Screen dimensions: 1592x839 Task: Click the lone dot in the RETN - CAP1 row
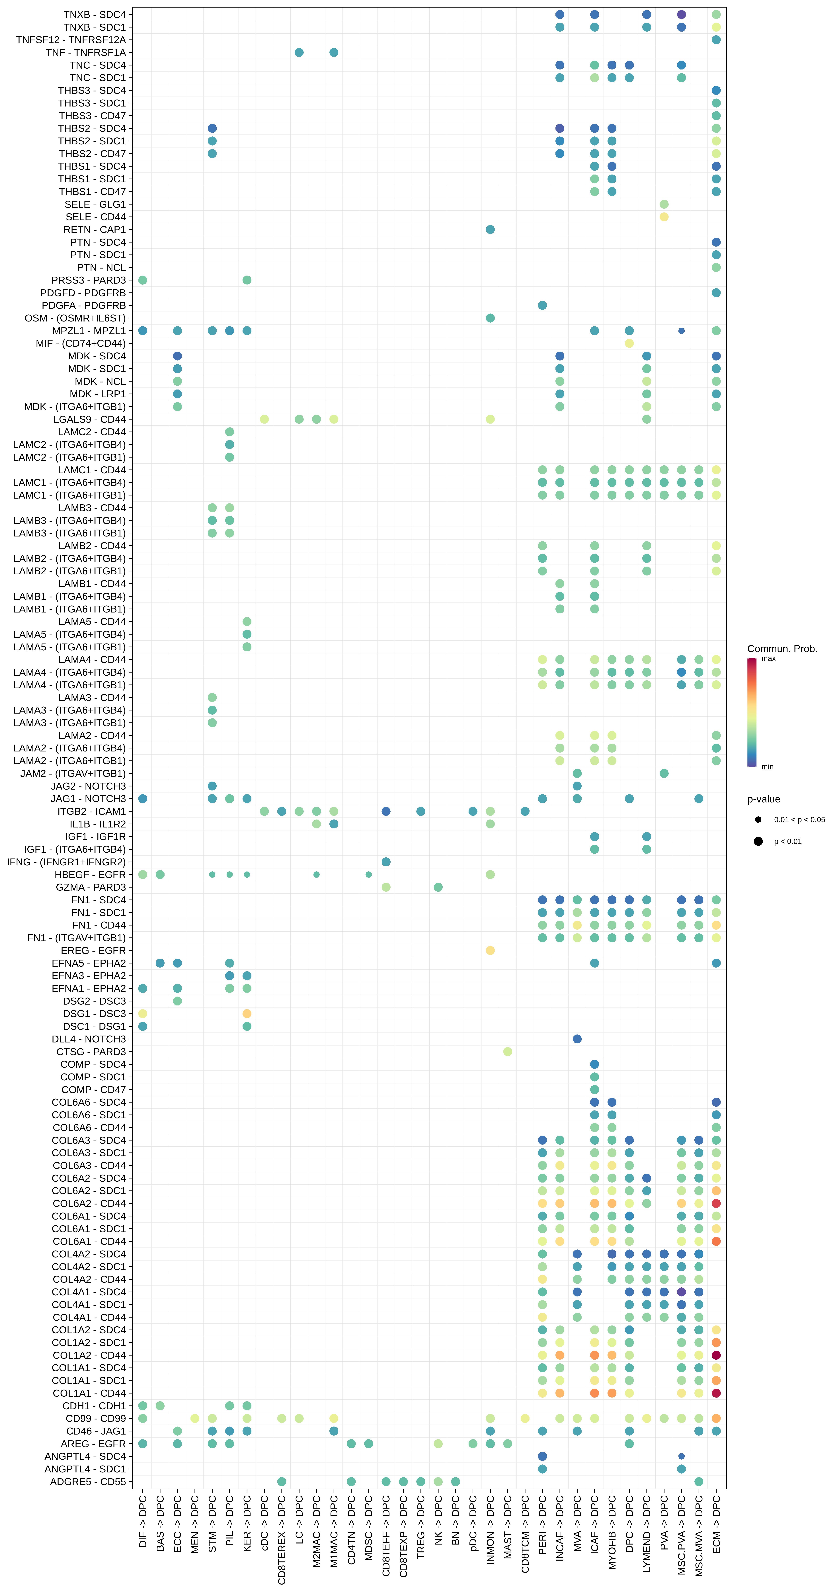[490, 229]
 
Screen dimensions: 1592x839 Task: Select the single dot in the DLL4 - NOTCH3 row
[577, 1039]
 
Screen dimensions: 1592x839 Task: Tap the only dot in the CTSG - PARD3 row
[507, 1051]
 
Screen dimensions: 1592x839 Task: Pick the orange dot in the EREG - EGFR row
[490, 950]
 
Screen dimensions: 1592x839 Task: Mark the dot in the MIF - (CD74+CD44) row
[629, 343]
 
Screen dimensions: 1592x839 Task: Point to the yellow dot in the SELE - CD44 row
[664, 217]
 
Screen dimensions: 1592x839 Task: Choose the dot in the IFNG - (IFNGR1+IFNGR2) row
[385, 862]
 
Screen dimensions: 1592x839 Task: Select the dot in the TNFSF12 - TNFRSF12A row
[716, 40]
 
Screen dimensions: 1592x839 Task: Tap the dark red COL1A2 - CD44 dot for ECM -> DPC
[716, 1355]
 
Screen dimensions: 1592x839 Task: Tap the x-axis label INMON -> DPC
[490, 1530]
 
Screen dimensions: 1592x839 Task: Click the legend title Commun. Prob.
[782, 648]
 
